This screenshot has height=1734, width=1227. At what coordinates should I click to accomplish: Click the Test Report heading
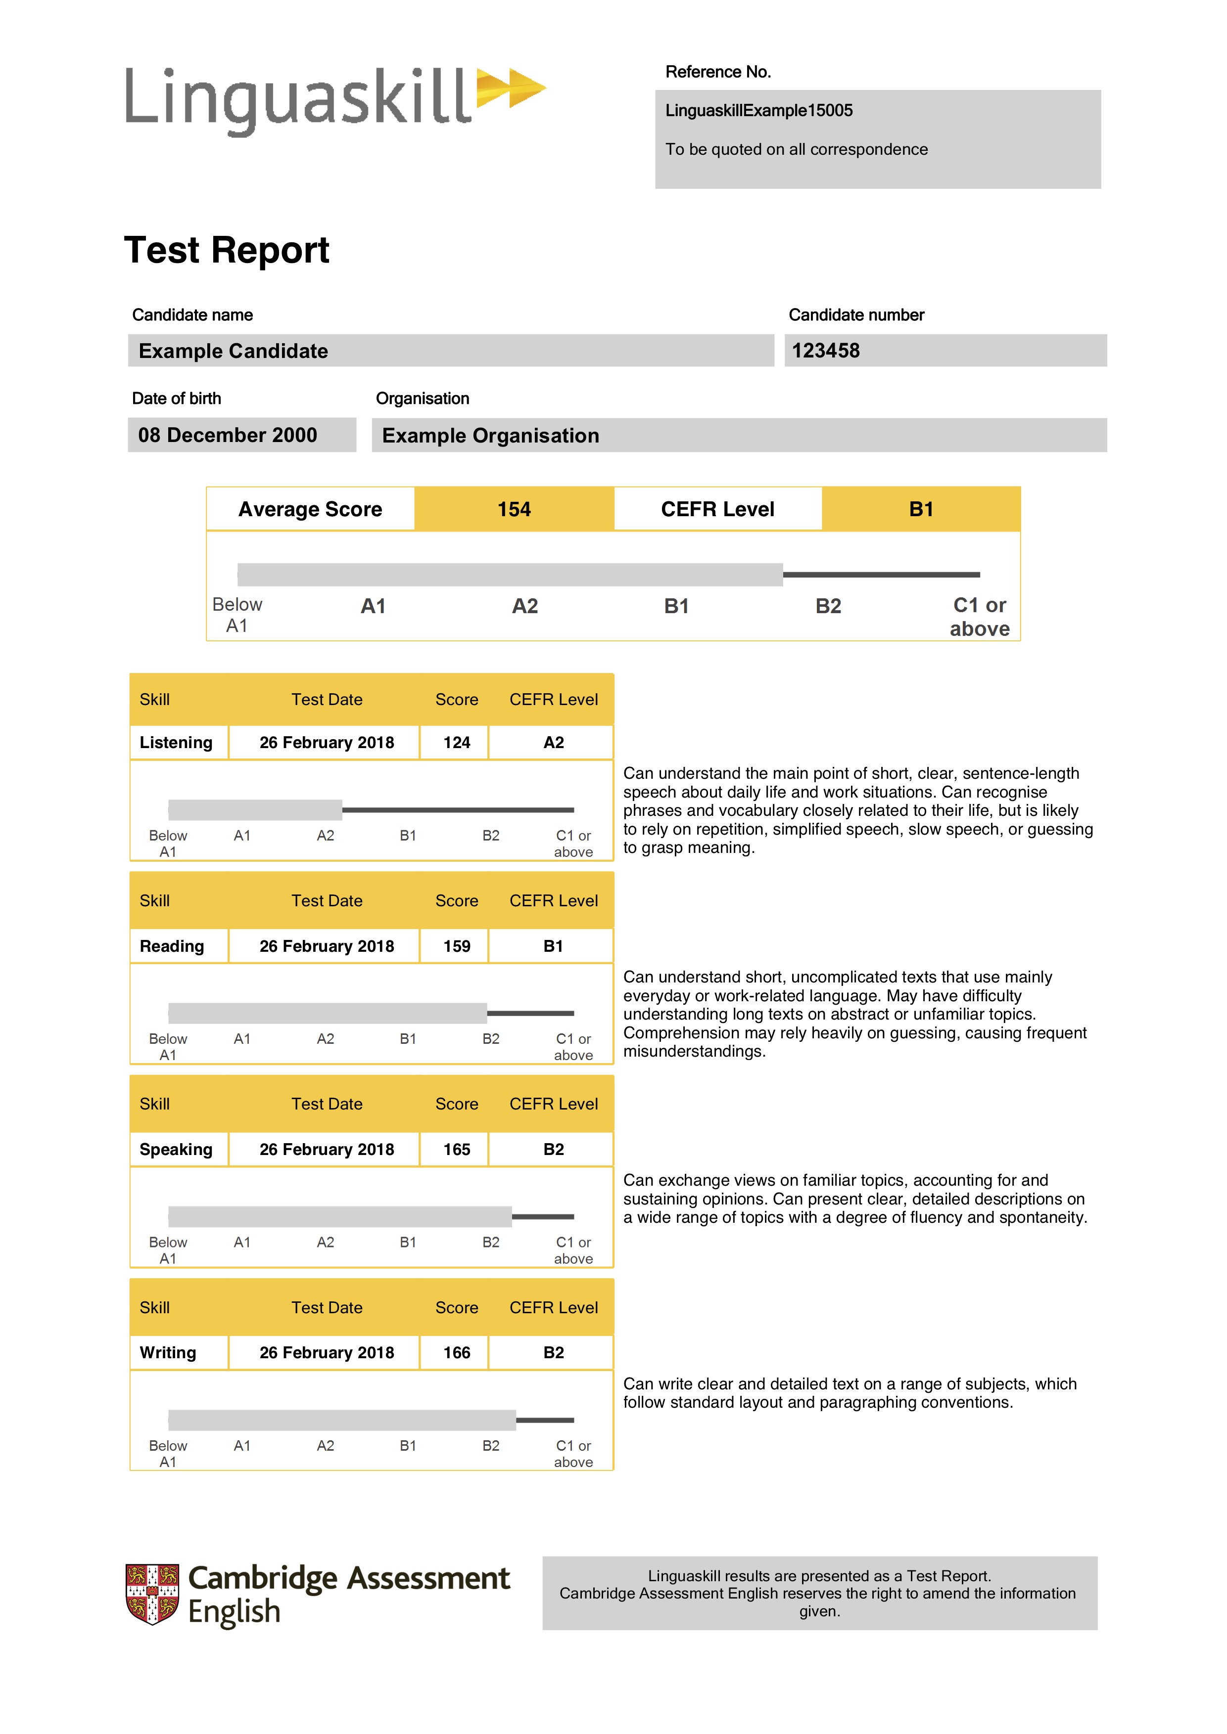click(227, 250)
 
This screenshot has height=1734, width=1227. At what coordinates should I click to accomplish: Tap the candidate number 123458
click(826, 351)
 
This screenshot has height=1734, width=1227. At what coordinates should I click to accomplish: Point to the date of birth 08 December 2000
click(228, 435)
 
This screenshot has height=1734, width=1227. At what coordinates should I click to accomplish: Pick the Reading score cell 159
click(456, 946)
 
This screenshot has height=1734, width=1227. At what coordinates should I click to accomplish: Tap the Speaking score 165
click(456, 1150)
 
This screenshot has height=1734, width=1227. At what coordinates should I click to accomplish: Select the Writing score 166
click(456, 1353)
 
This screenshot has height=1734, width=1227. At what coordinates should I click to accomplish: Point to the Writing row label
click(168, 1353)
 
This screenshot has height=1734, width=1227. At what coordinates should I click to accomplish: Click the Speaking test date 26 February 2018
click(327, 1150)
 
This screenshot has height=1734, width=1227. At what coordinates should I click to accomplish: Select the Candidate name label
click(192, 315)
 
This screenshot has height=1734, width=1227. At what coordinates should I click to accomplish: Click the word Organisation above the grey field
click(423, 399)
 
